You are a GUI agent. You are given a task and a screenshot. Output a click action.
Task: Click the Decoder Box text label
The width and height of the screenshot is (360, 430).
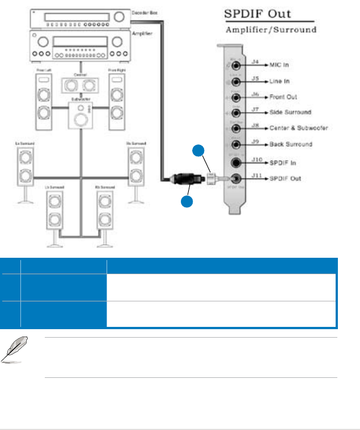(x=146, y=12)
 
